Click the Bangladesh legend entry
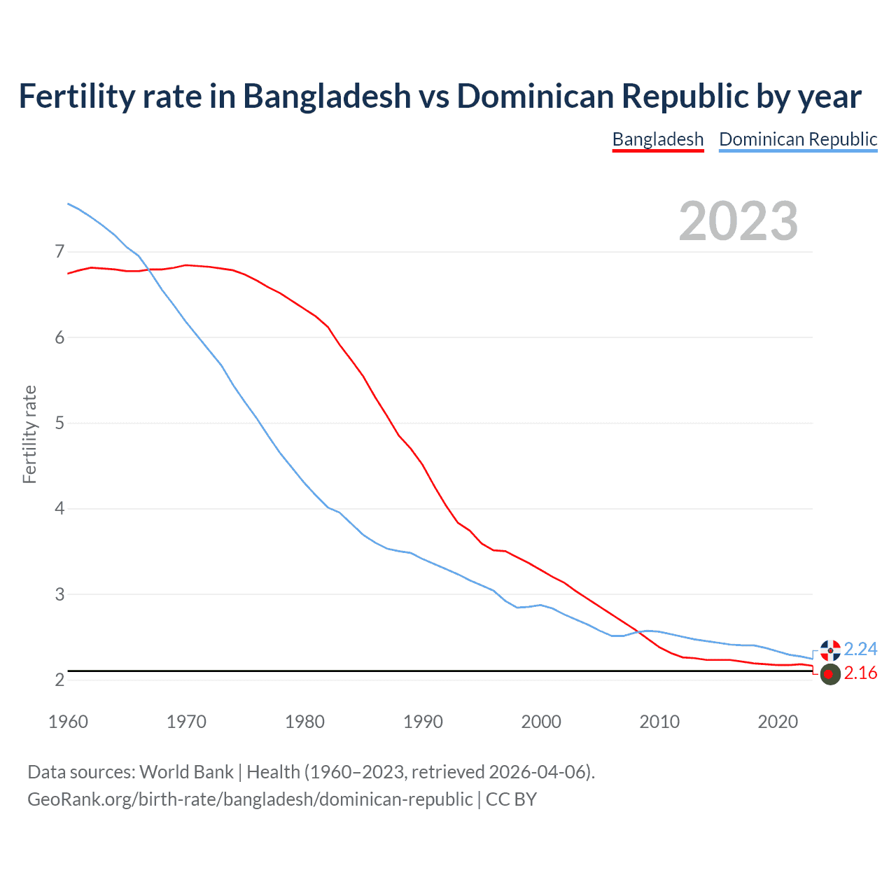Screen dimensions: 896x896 point(657,139)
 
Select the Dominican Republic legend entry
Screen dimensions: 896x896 point(798,139)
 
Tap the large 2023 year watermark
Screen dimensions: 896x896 point(738,221)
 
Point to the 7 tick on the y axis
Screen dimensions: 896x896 point(59,251)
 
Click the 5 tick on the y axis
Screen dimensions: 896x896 point(59,423)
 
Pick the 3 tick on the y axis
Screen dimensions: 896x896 point(59,594)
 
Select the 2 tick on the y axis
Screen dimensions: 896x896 point(59,680)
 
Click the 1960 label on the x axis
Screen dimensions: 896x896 point(68,722)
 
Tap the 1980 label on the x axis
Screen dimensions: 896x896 point(304,722)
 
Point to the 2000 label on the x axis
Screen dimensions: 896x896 point(541,722)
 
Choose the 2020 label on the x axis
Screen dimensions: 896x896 point(778,722)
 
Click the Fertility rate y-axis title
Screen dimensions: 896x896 point(29,434)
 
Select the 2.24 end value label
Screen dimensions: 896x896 point(860,649)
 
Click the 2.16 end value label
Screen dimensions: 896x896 point(860,673)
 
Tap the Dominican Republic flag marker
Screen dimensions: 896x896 point(830,650)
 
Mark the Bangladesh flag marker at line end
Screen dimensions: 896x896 point(829,674)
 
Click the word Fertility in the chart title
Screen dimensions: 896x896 point(76,96)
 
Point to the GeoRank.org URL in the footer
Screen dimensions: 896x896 point(250,799)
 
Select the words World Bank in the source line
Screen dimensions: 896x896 point(186,772)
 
